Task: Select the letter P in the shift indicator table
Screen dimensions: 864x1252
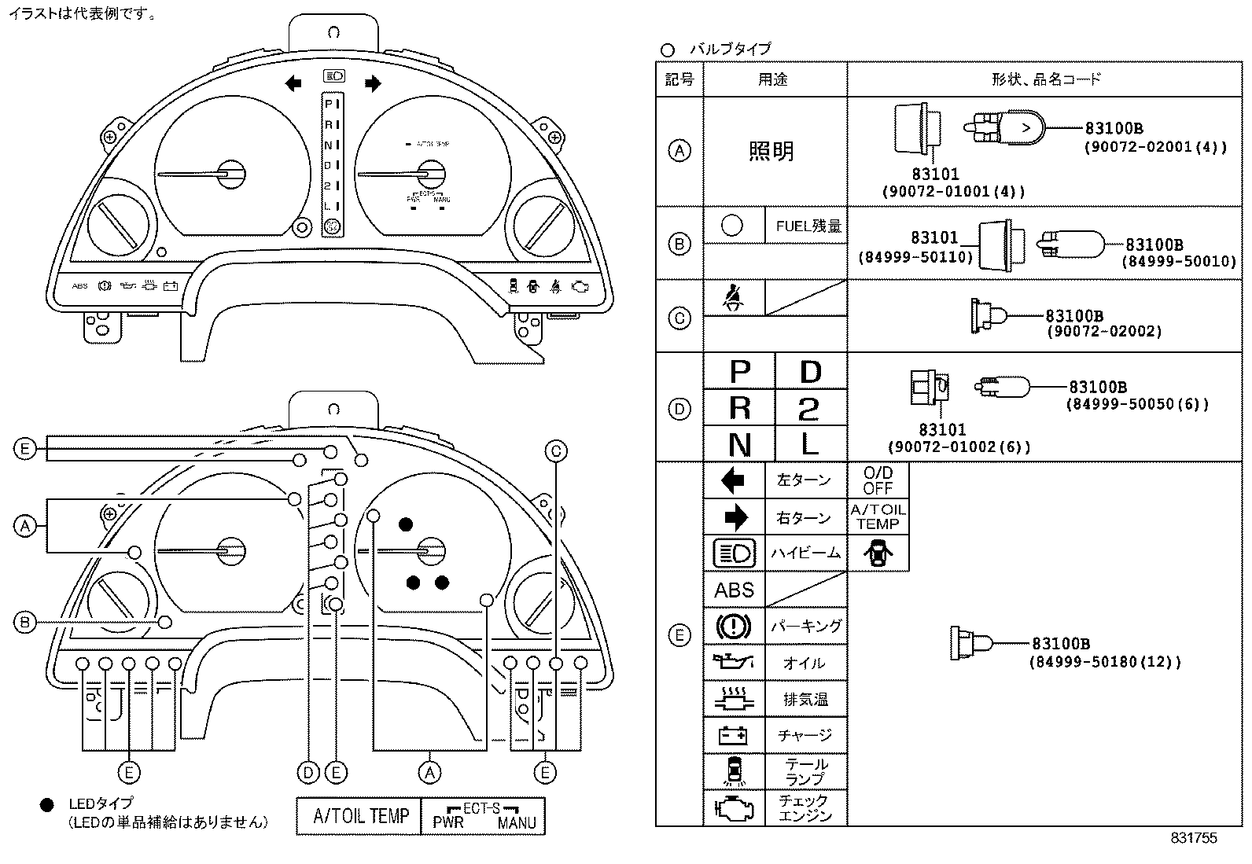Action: (739, 371)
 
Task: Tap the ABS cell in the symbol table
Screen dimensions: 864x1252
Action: (734, 590)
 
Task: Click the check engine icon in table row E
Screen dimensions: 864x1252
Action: (734, 807)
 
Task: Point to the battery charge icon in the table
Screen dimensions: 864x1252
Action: (734, 735)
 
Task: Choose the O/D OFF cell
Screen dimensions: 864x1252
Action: (878, 480)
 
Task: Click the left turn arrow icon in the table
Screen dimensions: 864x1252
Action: (733, 480)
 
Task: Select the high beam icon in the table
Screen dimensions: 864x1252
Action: (734, 553)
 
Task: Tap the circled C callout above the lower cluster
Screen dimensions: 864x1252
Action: (556, 450)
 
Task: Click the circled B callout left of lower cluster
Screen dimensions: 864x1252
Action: (25, 623)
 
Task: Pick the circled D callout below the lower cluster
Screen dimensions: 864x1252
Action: (308, 773)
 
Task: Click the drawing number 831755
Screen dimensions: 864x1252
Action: (1193, 838)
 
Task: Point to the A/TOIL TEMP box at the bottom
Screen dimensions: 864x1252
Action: (361, 816)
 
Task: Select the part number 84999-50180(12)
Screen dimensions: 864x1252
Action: (1104, 662)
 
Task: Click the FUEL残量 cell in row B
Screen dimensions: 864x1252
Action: (808, 226)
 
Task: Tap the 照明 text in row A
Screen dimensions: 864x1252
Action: (771, 151)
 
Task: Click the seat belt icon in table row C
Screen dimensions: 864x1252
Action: (733, 299)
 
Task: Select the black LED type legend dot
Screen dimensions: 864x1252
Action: (47, 805)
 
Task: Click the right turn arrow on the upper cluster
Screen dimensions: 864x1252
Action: (373, 83)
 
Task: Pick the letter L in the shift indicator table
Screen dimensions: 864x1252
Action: (809, 445)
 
